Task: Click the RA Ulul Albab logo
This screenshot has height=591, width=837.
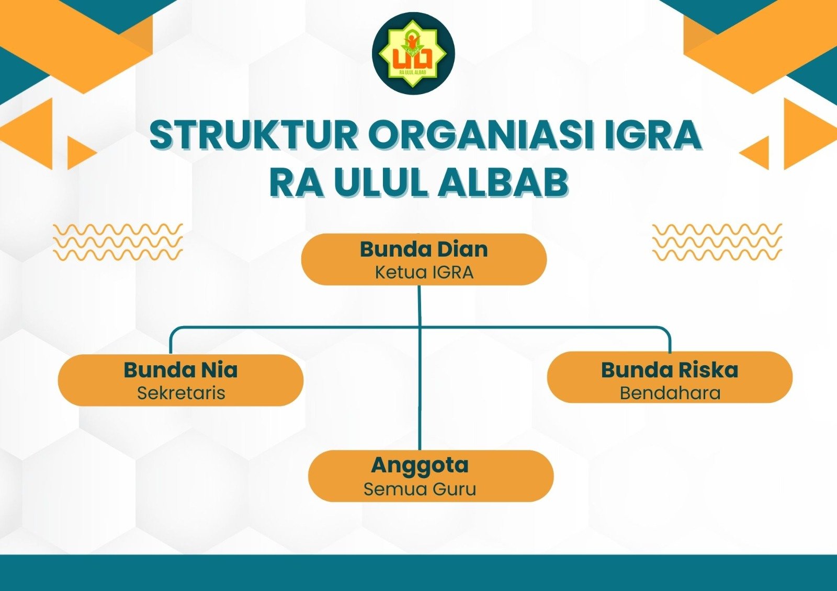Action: pos(413,53)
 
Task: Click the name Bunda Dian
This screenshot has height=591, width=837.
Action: pos(424,249)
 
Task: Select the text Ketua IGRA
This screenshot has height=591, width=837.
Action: pos(424,272)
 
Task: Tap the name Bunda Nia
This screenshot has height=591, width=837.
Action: pos(180,370)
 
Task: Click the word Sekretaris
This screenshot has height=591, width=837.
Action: pos(181,393)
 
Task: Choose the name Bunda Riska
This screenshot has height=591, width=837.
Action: pos(670,370)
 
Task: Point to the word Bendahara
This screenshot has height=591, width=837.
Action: pos(670,393)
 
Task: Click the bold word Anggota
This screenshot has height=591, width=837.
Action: pos(420,465)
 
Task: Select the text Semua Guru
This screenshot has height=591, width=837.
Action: pos(420,490)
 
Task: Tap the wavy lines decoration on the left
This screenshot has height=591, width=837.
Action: pos(118,242)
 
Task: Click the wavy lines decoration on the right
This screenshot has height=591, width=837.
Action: pos(717,242)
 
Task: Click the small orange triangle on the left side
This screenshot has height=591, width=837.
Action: pos(79,153)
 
